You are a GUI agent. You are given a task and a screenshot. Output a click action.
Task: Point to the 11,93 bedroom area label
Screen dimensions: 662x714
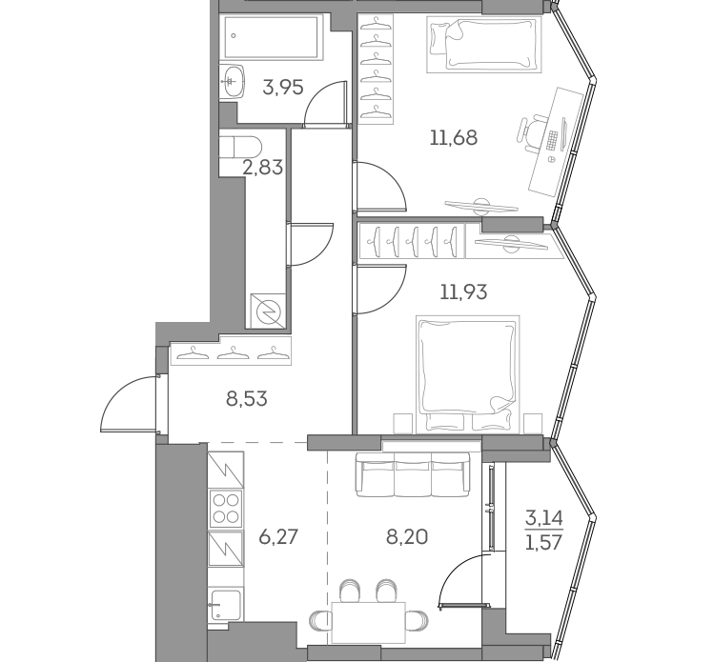click(x=463, y=291)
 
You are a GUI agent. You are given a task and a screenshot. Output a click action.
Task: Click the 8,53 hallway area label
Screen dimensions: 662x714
click(x=246, y=399)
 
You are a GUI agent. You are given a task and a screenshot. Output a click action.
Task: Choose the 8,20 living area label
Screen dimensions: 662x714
click(x=407, y=536)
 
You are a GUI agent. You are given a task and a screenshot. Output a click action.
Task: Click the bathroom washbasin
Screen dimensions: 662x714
click(x=232, y=81)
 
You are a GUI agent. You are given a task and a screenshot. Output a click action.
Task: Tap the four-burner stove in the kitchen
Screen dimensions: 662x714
click(x=226, y=508)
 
